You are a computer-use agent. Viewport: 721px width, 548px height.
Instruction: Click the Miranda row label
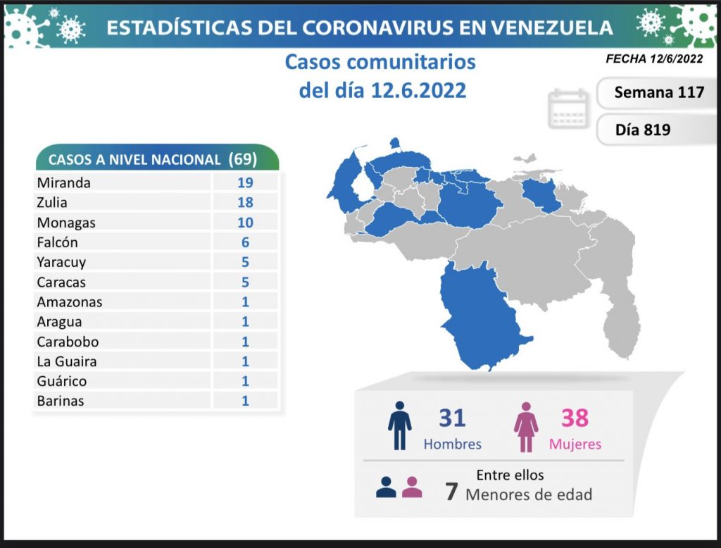pyautogui.click(x=63, y=182)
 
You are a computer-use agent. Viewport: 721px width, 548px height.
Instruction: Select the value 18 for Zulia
pyautogui.click(x=245, y=203)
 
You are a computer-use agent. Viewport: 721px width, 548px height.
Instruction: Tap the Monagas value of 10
pyautogui.click(x=245, y=223)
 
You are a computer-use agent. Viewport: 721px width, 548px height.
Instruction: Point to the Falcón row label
pyautogui.click(x=58, y=242)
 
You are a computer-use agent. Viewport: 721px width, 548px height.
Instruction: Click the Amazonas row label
pyautogui.click(x=70, y=302)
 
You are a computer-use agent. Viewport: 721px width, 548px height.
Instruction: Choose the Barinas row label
pyautogui.click(x=61, y=401)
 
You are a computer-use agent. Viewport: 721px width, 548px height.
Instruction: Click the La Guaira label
pyautogui.click(x=67, y=361)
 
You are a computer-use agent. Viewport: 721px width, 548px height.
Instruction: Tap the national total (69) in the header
pyautogui.click(x=243, y=158)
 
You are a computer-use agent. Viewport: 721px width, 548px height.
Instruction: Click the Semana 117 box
pyautogui.click(x=658, y=92)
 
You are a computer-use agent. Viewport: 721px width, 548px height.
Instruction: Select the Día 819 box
pyautogui.click(x=642, y=130)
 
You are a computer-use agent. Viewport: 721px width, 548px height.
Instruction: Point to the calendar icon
pyautogui.click(x=568, y=108)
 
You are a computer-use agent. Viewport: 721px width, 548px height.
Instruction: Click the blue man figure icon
pyautogui.click(x=399, y=425)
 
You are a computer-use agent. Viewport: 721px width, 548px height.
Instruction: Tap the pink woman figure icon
pyautogui.click(x=525, y=426)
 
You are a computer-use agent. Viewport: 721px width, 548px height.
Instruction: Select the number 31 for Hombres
pyautogui.click(x=452, y=418)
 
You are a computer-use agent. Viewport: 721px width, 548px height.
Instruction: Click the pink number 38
pyautogui.click(x=575, y=418)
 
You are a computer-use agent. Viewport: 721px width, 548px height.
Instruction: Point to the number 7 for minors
pyautogui.click(x=451, y=492)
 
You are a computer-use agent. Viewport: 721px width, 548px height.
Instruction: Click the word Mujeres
pyautogui.click(x=575, y=444)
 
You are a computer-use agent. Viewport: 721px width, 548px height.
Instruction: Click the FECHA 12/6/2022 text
pyautogui.click(x=654, y=59)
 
